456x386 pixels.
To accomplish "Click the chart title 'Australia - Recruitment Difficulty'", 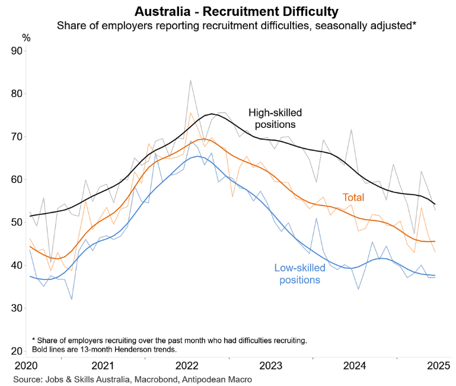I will (x=228, y=11).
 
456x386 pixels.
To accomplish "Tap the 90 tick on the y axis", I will (x=17, y=51).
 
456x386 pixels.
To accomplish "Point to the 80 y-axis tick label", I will (x=17, y=94).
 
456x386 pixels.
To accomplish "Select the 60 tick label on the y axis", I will (x=17, y=179).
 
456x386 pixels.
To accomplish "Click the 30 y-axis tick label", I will (x=17, y=308).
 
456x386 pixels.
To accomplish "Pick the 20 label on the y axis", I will (x=17, y=351).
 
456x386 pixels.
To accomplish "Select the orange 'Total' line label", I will (x=353, y=198).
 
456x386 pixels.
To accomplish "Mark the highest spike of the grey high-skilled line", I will (x=190, y=80).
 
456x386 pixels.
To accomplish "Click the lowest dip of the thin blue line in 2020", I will (x=72, y=299).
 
